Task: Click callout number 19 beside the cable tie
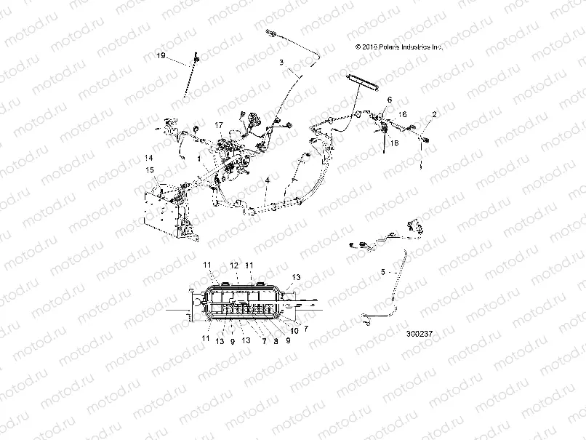161,55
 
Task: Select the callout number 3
281,63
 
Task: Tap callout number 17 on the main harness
218,126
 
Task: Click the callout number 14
148,158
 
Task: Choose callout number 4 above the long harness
268,179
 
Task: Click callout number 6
389,99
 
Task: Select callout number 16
403,114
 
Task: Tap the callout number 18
396,143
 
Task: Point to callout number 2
434,115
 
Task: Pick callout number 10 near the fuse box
294,330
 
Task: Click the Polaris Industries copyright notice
398,46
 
